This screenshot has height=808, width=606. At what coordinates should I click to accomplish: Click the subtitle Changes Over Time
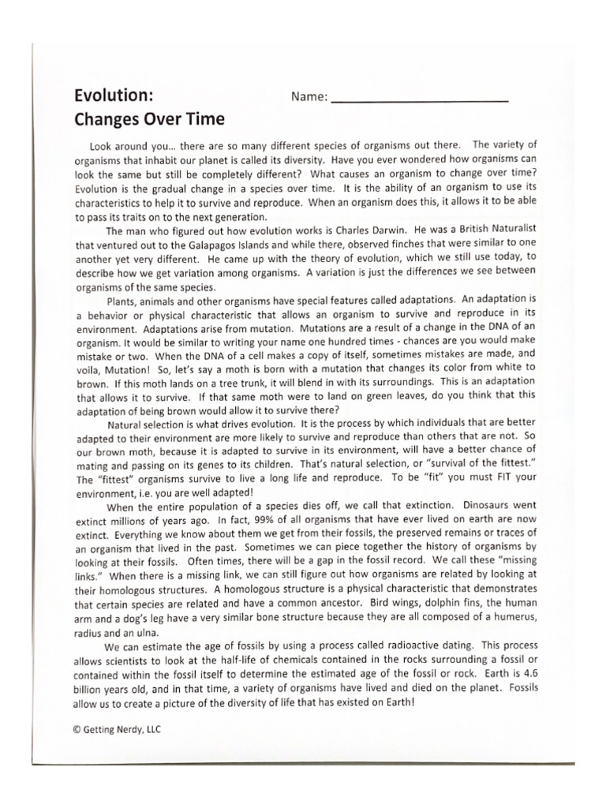pos(149,120)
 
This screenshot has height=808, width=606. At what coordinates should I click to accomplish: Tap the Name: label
pos(309,97)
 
